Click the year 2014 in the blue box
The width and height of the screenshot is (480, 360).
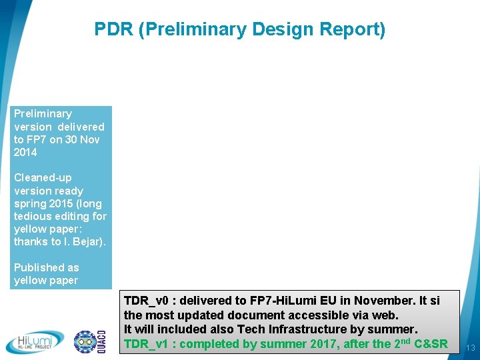pyautogui.click(x=25, y=152)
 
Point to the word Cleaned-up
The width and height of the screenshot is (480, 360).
pyautogui.click(x=43, y=177)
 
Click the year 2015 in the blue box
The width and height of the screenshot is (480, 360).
pyautogui.click(x=61, y=203)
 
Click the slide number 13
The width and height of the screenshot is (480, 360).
pyautogui.click(x=470, y=347)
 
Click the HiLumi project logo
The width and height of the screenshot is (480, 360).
pyautogui.click(x=35, y=341)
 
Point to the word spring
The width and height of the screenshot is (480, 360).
pyautogui.click(x=29, y=203)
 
